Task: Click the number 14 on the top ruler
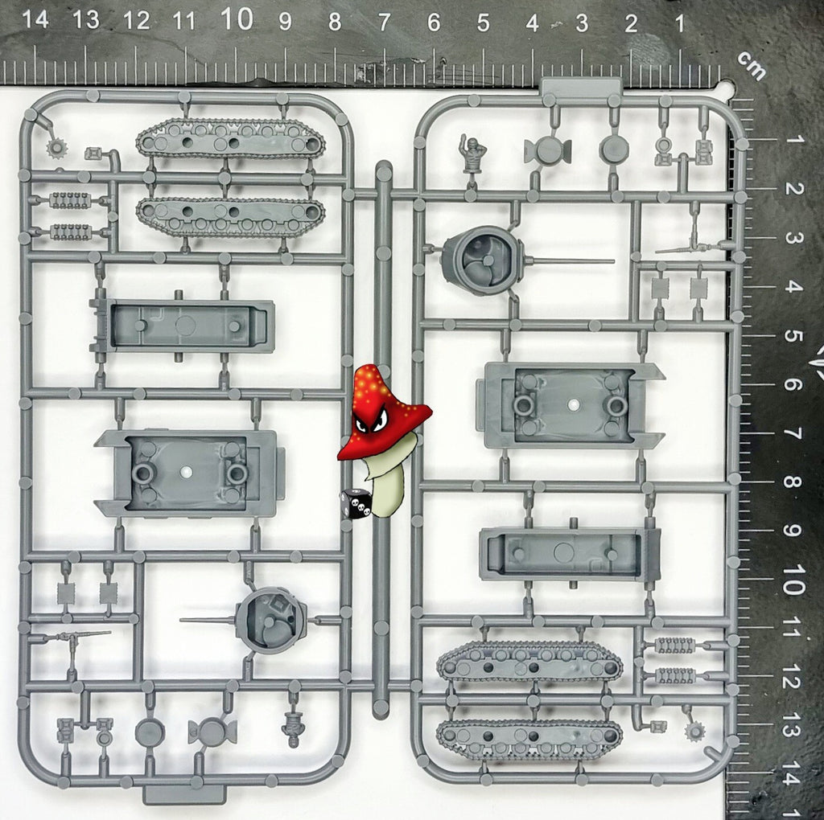pyautogui.click(x=35, y=19)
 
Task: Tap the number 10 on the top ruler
pyautogui.click(x=237, y=19)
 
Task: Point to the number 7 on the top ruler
pyautogui.click(x=384, y=22)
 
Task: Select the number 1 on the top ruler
pyautogui.click(x=680, y=23)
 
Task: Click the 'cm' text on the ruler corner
pyautogui.click(x=752, y=65)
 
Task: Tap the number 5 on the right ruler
pyautogui.click(x=793, y=336)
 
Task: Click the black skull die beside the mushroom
pyautogui.click(x=356, y=504)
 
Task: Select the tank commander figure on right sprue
pyautogui.click(x=472, y=154)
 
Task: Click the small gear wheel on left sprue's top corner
pyautogui.click(x=56, y=148)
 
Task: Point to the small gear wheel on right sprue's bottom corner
pyautogui.click(x=694, y=731)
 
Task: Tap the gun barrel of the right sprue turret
pyautogui.click(x=570, y=261)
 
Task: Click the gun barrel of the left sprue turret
pyautogui.click(x=208, y=621)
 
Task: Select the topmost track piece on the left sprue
pyautogui.click(x=230, y=138)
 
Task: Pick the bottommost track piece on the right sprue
pyautogui.click(x=529, y=739)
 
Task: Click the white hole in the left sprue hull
pyautogui.click(x=185, y=473)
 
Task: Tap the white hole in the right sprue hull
pyautogui.click(x=573, y=405)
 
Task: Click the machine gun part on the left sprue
pyautogui.click(x=73, y=638)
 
